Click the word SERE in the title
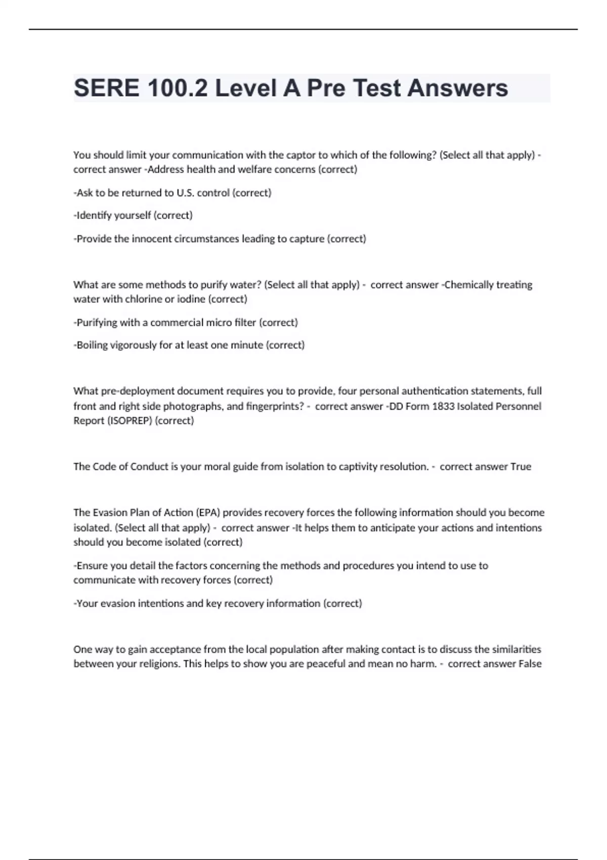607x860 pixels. pos(106,88)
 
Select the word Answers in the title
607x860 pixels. pos(457,88)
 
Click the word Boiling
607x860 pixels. pos(92,345)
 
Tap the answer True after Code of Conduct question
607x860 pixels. pos(521,466)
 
